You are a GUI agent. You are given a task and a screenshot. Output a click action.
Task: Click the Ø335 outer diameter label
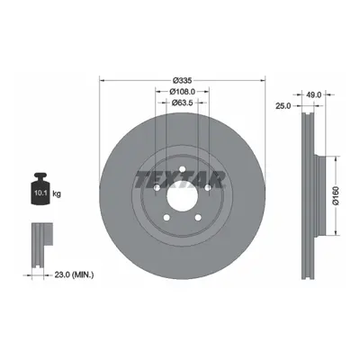point(182,80)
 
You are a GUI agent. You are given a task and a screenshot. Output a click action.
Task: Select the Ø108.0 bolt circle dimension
point(182,91)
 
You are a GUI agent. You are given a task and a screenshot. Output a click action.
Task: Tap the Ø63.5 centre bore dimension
point(182,103)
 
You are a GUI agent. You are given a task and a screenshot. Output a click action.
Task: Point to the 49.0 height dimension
point(315,95)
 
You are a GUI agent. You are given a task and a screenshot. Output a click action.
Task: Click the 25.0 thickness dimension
point(283,106)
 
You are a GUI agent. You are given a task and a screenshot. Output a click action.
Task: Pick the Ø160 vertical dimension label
point(336,195)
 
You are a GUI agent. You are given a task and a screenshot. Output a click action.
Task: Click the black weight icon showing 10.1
point(40,188)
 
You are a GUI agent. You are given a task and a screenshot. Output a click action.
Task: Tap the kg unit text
point(57,193)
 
